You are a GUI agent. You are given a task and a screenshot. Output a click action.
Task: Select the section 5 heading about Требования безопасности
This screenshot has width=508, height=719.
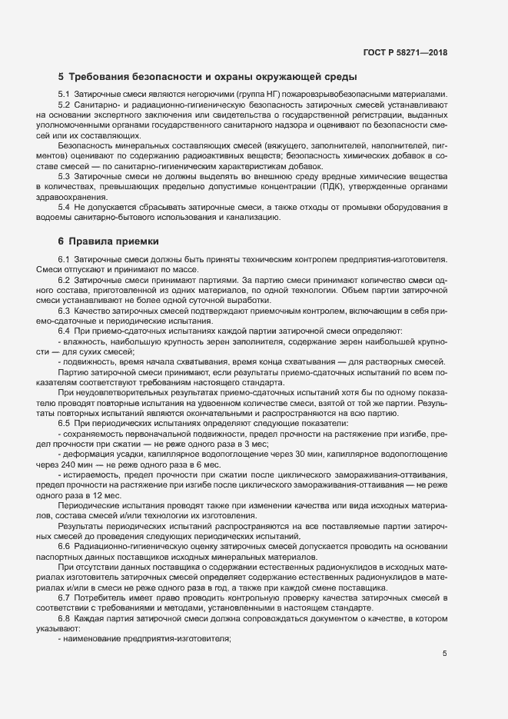tap(207, 77)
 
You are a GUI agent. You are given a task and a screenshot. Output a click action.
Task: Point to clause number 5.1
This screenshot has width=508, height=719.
tap(64, 94)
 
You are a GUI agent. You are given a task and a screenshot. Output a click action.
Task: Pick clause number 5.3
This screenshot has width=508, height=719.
tap(64, 176)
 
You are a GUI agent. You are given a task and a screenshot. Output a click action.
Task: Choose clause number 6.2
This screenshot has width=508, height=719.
tap(64, 281)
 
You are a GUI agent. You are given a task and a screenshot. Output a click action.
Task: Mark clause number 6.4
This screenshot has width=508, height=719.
tap(64, 331)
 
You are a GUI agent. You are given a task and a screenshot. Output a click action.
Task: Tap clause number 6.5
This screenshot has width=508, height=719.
tap(64, 424)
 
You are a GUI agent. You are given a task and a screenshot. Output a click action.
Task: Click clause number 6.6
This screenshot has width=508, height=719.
tap(64, 545)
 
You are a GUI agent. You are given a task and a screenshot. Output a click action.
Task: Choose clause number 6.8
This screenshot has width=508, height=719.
tap(64, 618)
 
